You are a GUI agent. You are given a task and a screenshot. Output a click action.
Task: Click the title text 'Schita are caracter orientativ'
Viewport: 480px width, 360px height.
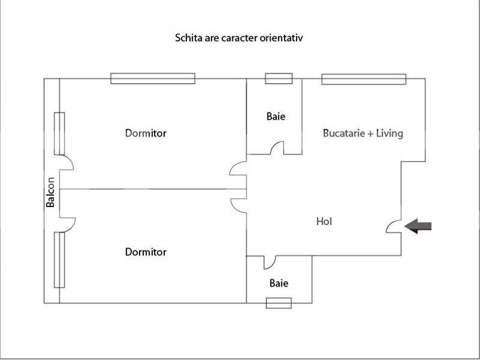pos(238,38)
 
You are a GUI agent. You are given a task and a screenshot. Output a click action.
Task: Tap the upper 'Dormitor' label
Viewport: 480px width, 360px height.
pos(146,132)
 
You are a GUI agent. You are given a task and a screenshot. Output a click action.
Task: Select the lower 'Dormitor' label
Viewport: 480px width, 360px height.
pos(146,252)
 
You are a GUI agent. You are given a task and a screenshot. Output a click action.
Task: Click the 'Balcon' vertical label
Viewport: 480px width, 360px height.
pos(51,191)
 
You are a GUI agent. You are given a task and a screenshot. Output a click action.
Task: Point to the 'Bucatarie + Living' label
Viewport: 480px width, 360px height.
pos(363,133)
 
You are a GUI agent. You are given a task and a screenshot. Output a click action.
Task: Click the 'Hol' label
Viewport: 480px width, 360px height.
pos(324,222)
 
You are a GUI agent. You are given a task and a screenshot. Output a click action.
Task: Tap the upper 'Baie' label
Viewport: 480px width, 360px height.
pos(275,116)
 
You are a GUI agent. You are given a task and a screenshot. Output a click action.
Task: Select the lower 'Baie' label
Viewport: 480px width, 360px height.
pos(278,282)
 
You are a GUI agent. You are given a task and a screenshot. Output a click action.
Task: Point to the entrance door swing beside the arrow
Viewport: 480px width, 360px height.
pos(393,226)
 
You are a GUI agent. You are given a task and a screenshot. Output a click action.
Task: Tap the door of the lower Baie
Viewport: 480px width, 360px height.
pos(268,261)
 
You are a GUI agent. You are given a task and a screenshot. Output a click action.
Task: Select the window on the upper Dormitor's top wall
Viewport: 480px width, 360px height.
pos(153,78)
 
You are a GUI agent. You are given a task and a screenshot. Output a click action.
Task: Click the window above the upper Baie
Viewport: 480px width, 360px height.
pos(278,78)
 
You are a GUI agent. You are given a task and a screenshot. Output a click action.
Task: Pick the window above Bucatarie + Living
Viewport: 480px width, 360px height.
pos(363,78)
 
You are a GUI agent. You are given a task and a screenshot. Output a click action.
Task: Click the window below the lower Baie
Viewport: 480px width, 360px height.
pos(278,303)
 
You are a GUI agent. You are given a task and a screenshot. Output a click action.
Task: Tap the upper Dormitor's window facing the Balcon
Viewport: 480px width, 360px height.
pos(59,132)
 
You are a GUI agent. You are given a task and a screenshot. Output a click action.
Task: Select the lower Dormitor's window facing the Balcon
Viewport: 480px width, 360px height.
pos(59,260)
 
